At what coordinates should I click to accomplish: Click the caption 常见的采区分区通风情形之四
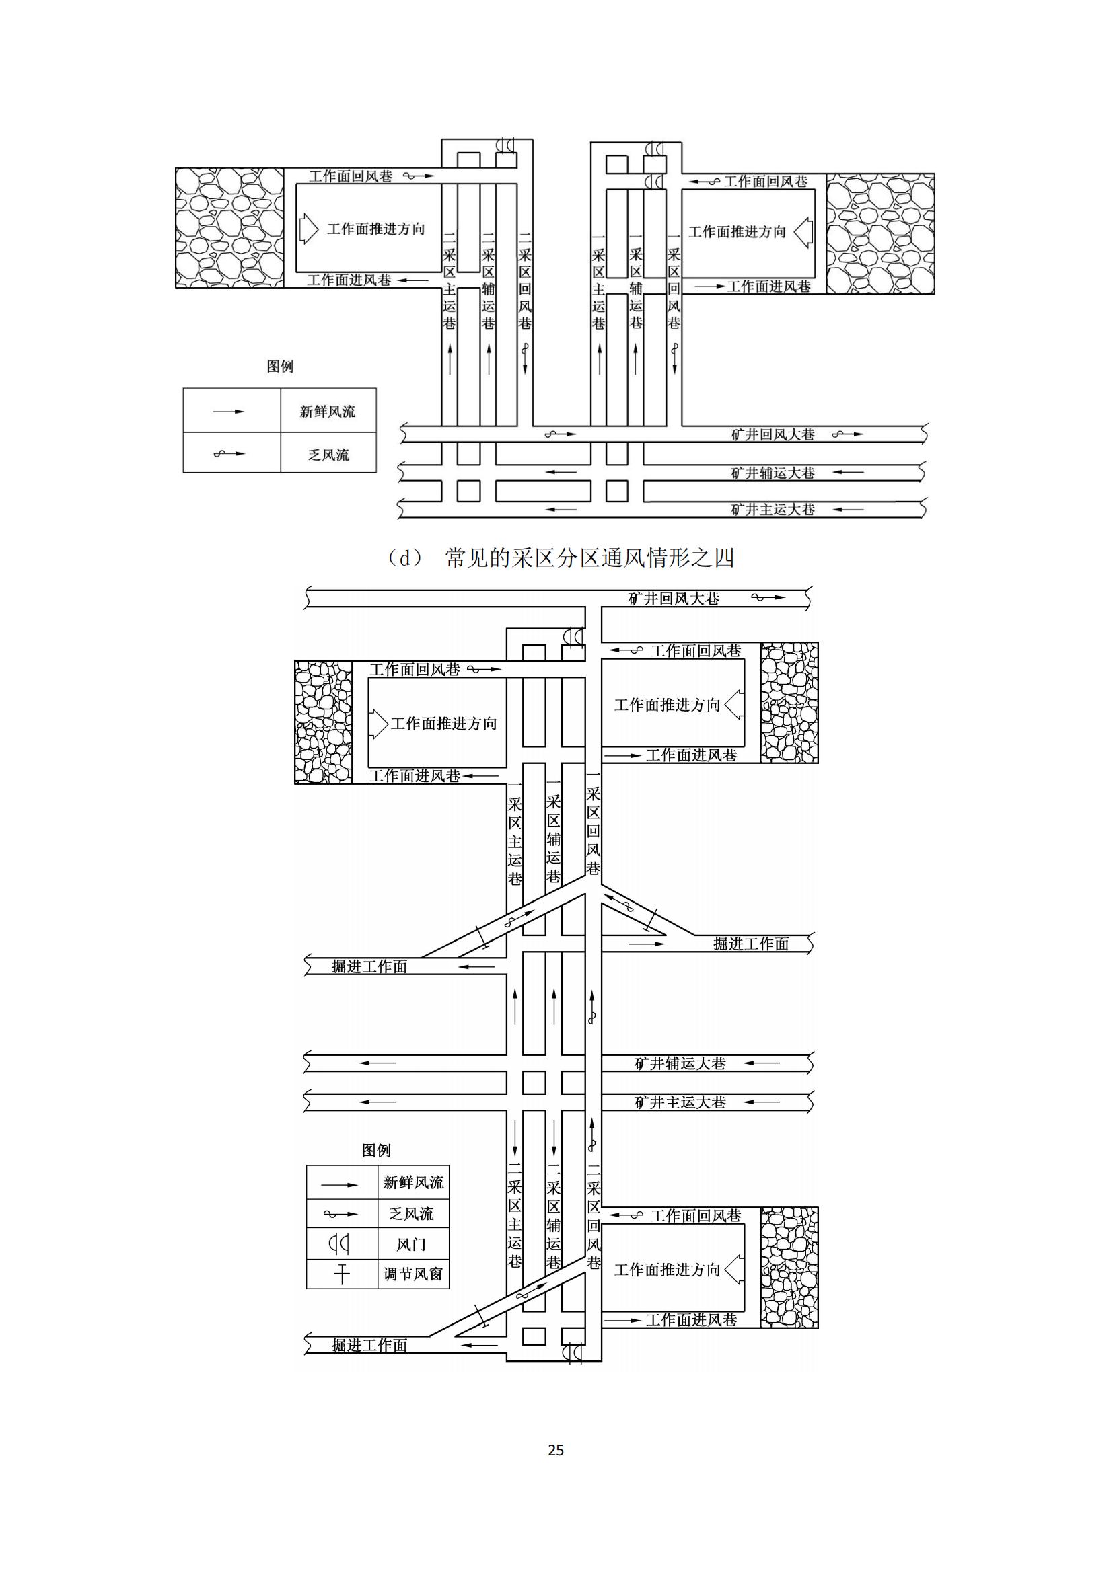pos(590,558)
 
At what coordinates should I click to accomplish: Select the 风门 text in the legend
pos(411,1244)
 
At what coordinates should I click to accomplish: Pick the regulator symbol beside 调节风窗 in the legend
pos(341,1274)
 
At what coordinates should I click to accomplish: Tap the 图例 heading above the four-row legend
pos(376,1150)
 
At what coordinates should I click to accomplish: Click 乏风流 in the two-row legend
pos(328,455)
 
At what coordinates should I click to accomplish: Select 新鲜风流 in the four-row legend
pos(413,1182)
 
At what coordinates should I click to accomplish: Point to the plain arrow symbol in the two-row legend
pos(228,412)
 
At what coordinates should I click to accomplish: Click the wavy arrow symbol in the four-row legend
pos(340,1214)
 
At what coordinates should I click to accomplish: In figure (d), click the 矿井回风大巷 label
pos(773,434)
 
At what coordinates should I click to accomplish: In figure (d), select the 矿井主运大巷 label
pos(773,509)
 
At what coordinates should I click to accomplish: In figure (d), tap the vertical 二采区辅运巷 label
pos(488,280)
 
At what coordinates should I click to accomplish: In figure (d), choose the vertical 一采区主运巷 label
pos(598,280)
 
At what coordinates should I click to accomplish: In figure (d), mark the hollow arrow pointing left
pos(803,231)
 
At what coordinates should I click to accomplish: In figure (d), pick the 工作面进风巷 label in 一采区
pos(768,286)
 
